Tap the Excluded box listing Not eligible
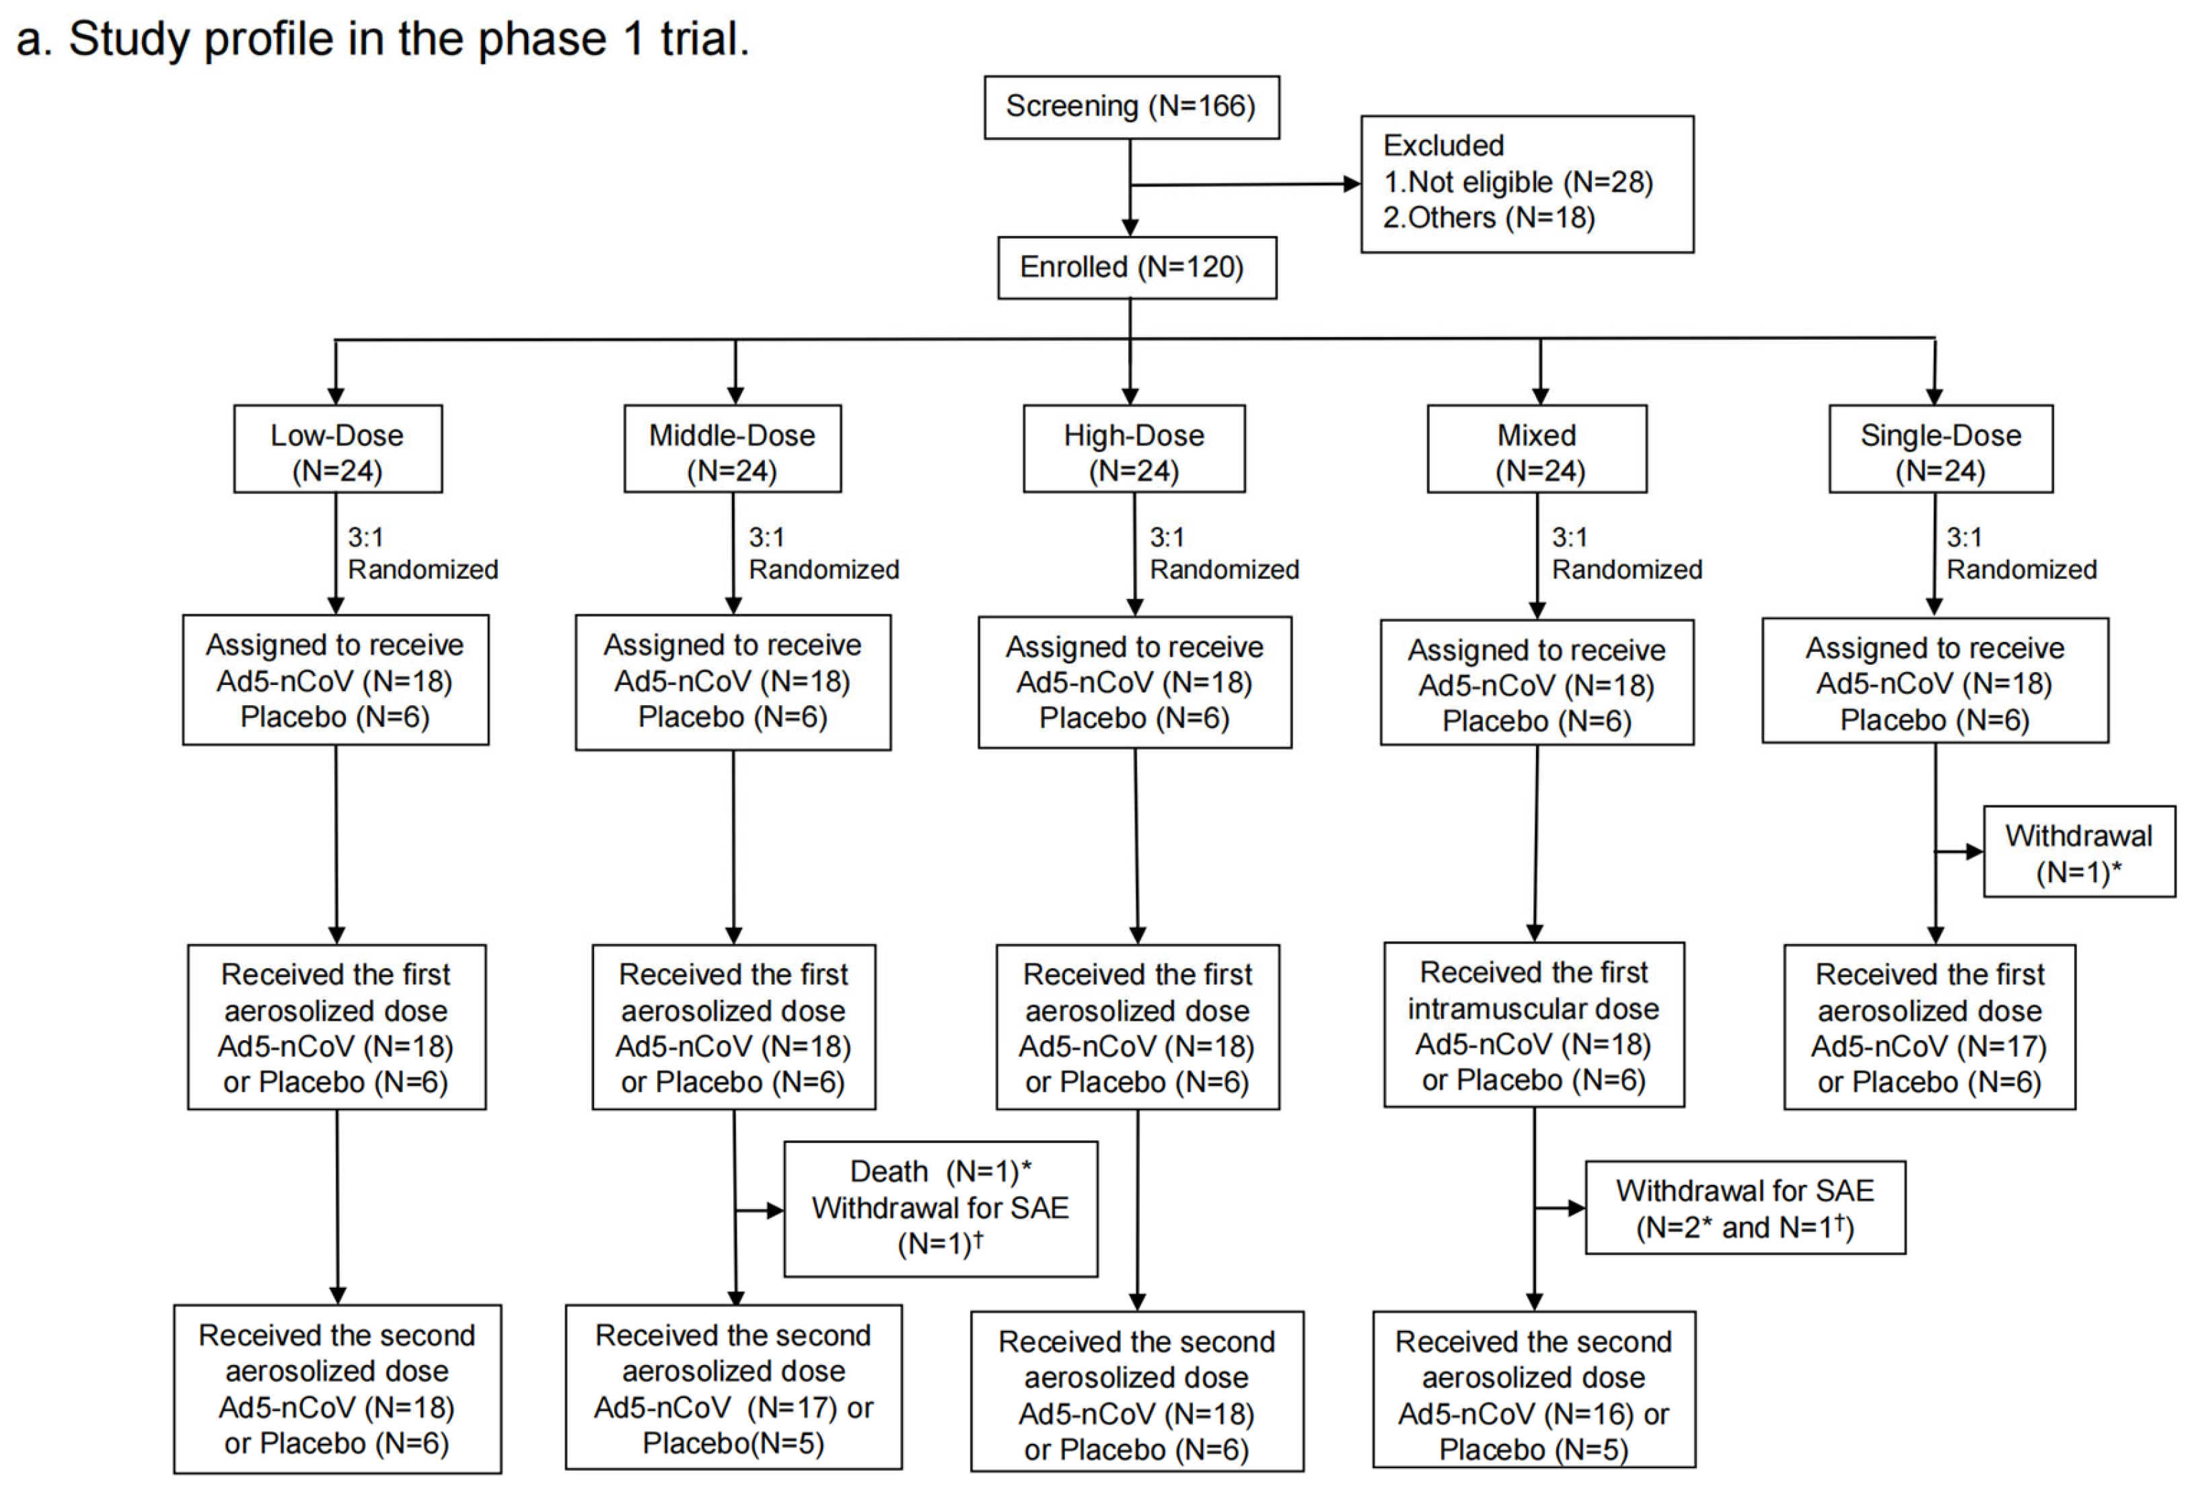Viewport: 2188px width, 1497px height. (1526, 184)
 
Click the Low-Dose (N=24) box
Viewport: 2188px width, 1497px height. (337, 449)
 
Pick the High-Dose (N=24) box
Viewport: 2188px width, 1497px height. (1134, 449)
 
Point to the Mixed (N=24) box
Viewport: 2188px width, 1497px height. (1537, 449)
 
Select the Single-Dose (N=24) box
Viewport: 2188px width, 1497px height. (1940, 449)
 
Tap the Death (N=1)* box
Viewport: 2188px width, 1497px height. (940, 1209)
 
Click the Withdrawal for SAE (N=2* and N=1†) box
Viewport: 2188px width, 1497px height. (1745, 1208)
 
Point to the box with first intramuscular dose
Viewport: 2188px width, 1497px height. (1533, 1025)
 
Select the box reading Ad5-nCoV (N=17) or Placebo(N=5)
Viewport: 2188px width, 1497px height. (733, 1388)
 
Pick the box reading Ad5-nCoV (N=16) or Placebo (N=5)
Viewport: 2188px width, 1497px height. (1533, 1389)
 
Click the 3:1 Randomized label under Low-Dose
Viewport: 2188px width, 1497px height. (422, 554)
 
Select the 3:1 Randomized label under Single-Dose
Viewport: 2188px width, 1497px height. (2020, 554)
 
